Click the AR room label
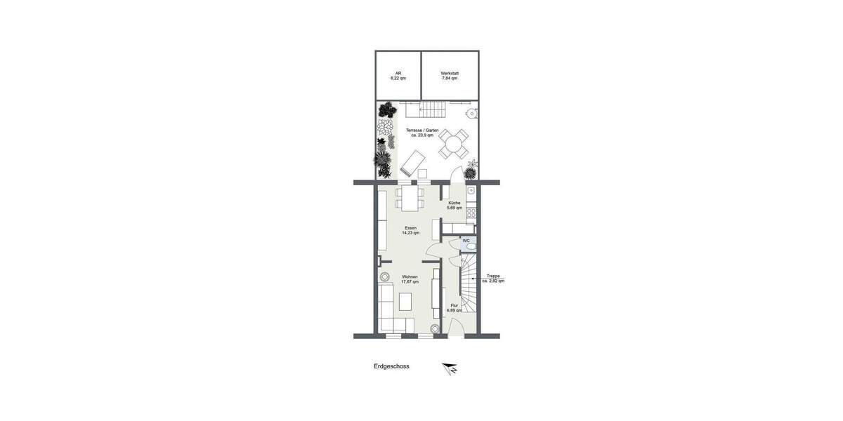(x=398, y=76)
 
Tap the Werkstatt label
(x=450, y=76)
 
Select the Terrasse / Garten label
(x=422, y=133)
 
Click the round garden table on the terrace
(x=454, y=145)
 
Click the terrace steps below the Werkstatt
(x=433, y=109)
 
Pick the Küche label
(x=455, y=205)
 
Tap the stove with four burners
(x=471, y=212)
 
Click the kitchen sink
(x=471, y=191)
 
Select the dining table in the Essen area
(x=411, y=196)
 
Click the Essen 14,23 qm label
(x=410, y=230)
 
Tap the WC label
(x=466, y=241)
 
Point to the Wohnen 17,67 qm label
(x=410, y=279)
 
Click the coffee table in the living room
(x=405, y=301)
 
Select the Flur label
(x=455, y=307)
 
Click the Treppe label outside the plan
(x=493, y=279)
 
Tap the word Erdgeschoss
(x=391, y=366)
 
